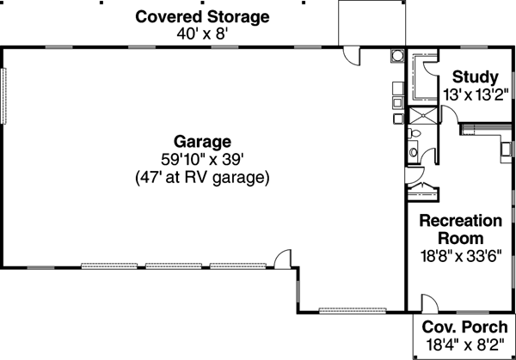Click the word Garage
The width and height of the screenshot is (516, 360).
point(202,141)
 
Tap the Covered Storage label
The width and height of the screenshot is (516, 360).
point(202,16)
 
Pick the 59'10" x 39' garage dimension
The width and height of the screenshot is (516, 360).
point(202,160)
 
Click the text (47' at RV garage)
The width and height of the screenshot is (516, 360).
point(202,179)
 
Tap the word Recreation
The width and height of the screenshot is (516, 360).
point(459,219)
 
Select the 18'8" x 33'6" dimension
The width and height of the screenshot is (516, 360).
point(459,255)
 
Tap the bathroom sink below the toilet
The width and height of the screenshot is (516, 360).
point(413,153)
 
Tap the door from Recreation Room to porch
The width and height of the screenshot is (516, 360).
point(427,302)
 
